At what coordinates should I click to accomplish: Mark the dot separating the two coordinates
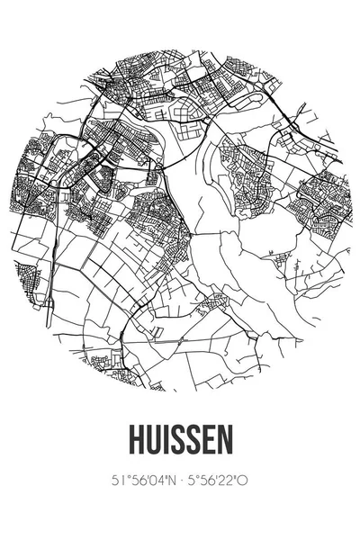click(x=180, y=481)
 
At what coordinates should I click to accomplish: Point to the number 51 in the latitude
click(x=115, y=481)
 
